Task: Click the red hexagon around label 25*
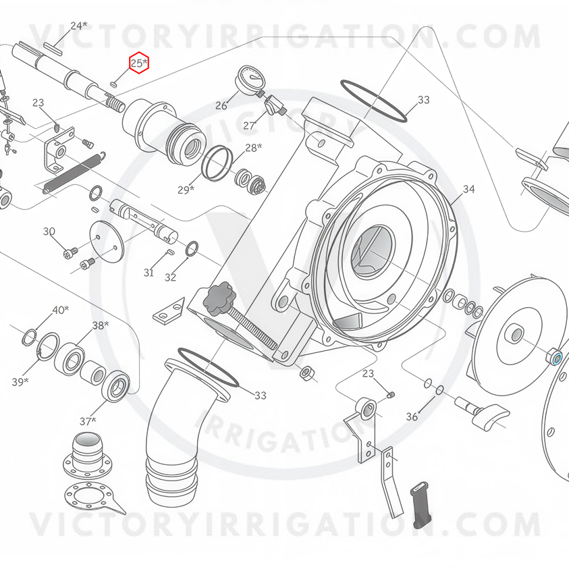(139, 63)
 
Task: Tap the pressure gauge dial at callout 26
(248, 78)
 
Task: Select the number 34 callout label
(468, 189)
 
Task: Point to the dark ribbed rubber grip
(420, 504)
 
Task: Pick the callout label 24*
(79, 26)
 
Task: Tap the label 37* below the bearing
(88, 421)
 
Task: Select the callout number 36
(412, 416)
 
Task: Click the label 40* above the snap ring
(61, 310)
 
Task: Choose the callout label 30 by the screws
(49, 231)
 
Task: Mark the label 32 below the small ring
(170, 277)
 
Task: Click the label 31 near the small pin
(148, 272)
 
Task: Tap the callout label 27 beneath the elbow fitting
(249, 126)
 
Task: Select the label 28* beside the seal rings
(254, 147)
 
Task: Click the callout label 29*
(186, 190)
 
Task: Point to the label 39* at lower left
(20, 381)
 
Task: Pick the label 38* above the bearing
(101, 325)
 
